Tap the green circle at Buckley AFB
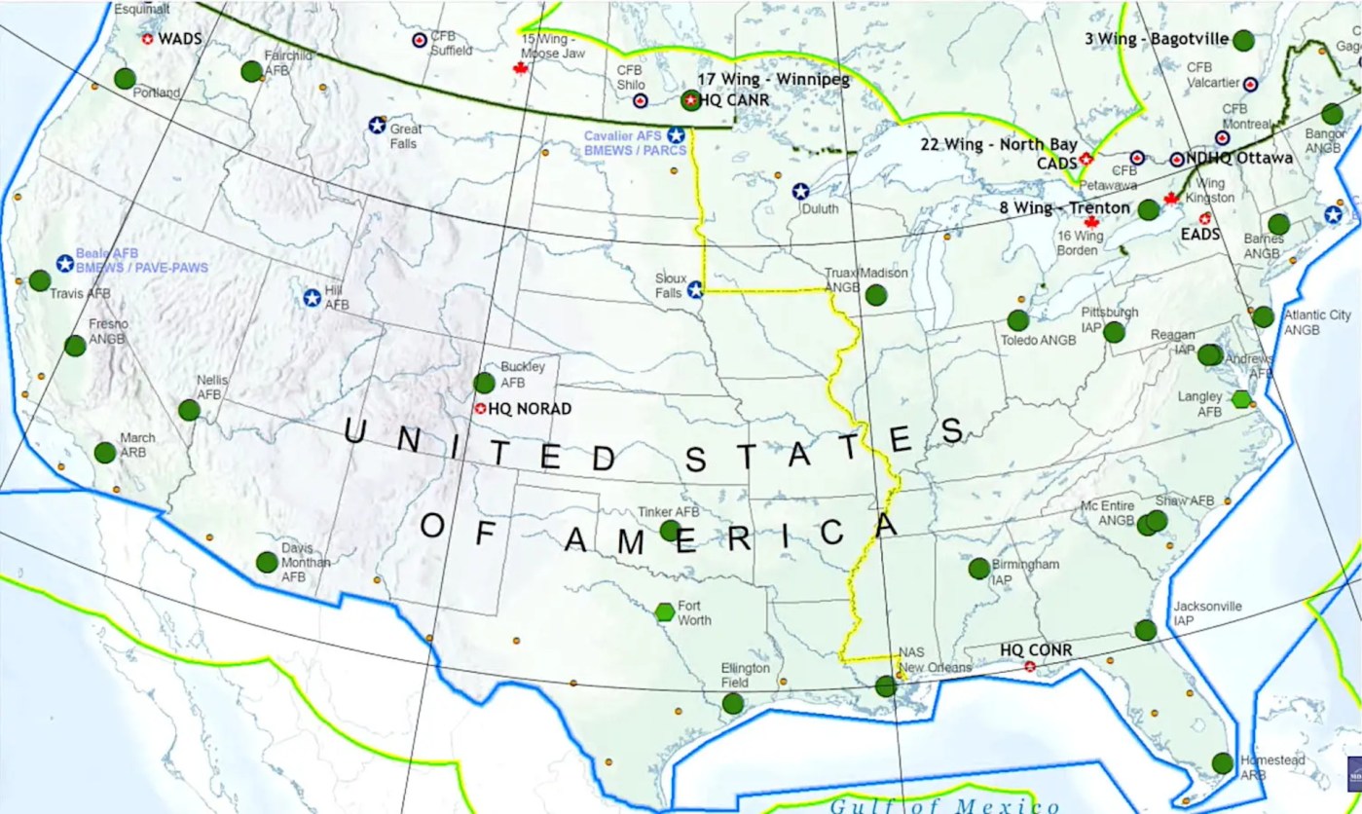pos(484,383)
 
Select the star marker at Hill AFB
pos(313,298)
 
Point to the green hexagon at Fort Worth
pos(665,611)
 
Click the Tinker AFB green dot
pos(670,531)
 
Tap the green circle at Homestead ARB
pos(1223,763)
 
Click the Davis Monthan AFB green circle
pos(267,562)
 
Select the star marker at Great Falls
pos(377,126)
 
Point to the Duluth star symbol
pos(800,192)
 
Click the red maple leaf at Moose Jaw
pos(520,68)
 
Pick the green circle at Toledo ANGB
pos(1018,320)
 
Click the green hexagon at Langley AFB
pos(1240,398)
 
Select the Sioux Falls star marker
pos(695,289)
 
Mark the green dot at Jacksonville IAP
pos(1146,630)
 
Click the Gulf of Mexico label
pos(943,805)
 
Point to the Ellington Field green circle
pos(733,703)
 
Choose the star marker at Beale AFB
pos(64,263)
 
